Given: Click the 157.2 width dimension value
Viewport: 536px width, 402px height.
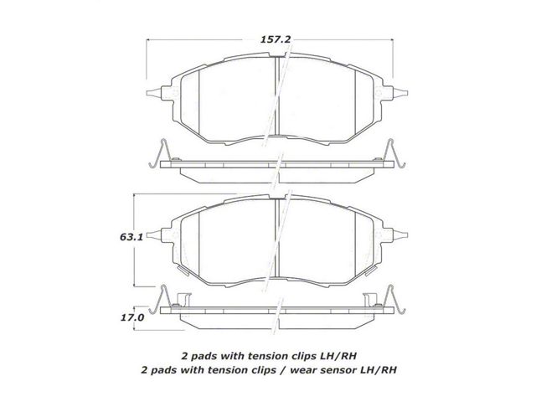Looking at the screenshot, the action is [x=276, y=39].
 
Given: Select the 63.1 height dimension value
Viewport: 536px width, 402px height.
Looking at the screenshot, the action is [x=131, y=237].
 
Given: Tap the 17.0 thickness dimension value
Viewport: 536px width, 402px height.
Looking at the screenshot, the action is [x=132, y=317].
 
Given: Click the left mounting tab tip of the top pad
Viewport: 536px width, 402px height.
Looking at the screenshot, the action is [x=147, y=93].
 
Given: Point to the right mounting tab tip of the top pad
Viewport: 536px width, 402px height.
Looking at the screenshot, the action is [x=407, y=93].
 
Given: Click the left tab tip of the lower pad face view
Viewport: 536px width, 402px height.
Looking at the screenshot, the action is [x=147, y=234].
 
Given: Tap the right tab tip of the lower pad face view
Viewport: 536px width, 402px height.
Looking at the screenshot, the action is [x=407, y=234].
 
